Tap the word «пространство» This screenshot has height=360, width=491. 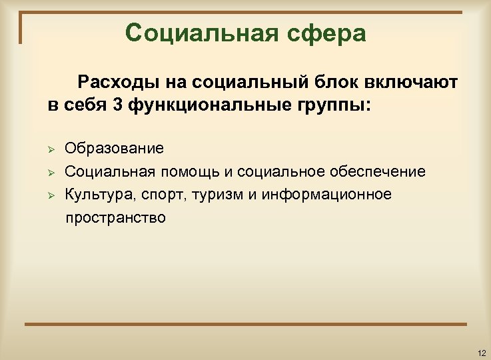(x=115, y=217)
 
